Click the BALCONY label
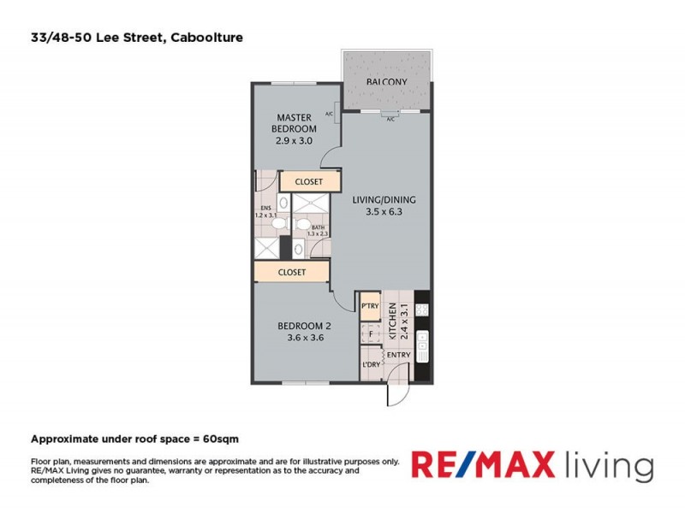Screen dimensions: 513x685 click(385, 82)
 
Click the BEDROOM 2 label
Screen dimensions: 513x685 click(303, 331)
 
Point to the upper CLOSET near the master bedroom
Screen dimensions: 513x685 click(308, 182)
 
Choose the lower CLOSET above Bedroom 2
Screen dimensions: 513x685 click(292, 272)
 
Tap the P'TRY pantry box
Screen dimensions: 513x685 click(371, 305)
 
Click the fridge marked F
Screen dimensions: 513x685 click(371, 334)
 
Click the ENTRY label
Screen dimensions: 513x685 click(399, 356)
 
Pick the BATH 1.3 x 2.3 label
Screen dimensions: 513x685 click(318, 229)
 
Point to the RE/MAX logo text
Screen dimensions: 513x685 click(485, 466)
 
